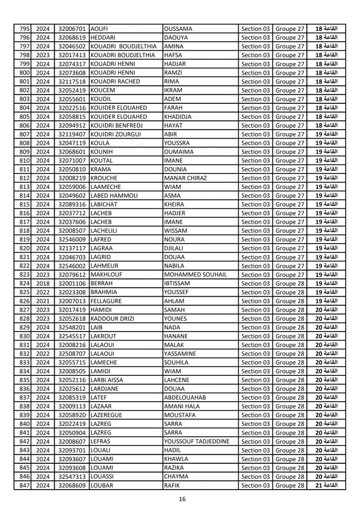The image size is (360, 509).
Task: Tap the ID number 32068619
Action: (72, 37)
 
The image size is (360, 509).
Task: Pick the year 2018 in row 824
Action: (43, 283)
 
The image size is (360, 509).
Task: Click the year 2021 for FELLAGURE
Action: (43, 300)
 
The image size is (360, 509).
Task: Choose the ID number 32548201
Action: (72, 327)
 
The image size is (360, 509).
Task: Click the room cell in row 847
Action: (326, 485)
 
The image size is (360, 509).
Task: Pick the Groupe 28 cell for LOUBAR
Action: (290, 485)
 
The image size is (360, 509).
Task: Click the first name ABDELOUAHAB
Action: (184, 397)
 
